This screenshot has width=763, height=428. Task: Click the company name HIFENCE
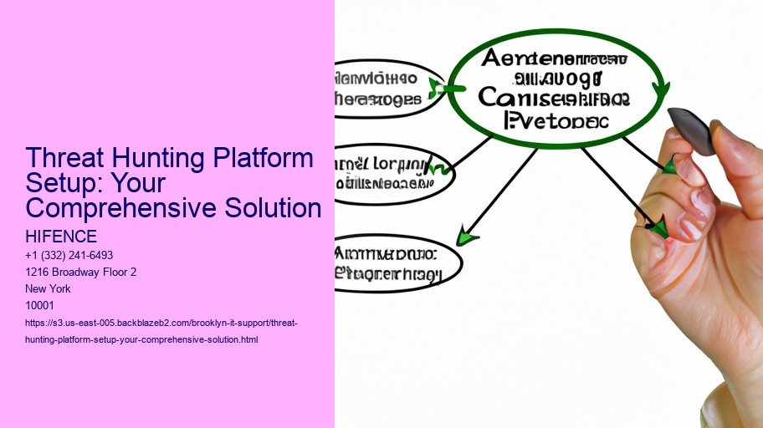click(x=61, y=237)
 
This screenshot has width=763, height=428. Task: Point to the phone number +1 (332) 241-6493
click(x=69, y=255)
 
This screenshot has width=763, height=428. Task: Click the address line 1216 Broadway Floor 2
click(x=81, y=272)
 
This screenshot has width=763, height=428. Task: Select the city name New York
click(x=49, y=288)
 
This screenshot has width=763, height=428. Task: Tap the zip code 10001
click(x=41, y=305)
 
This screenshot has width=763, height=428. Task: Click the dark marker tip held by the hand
click(x=694, y=130)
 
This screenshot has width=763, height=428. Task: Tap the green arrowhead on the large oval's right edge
click(x=661, y=92)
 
